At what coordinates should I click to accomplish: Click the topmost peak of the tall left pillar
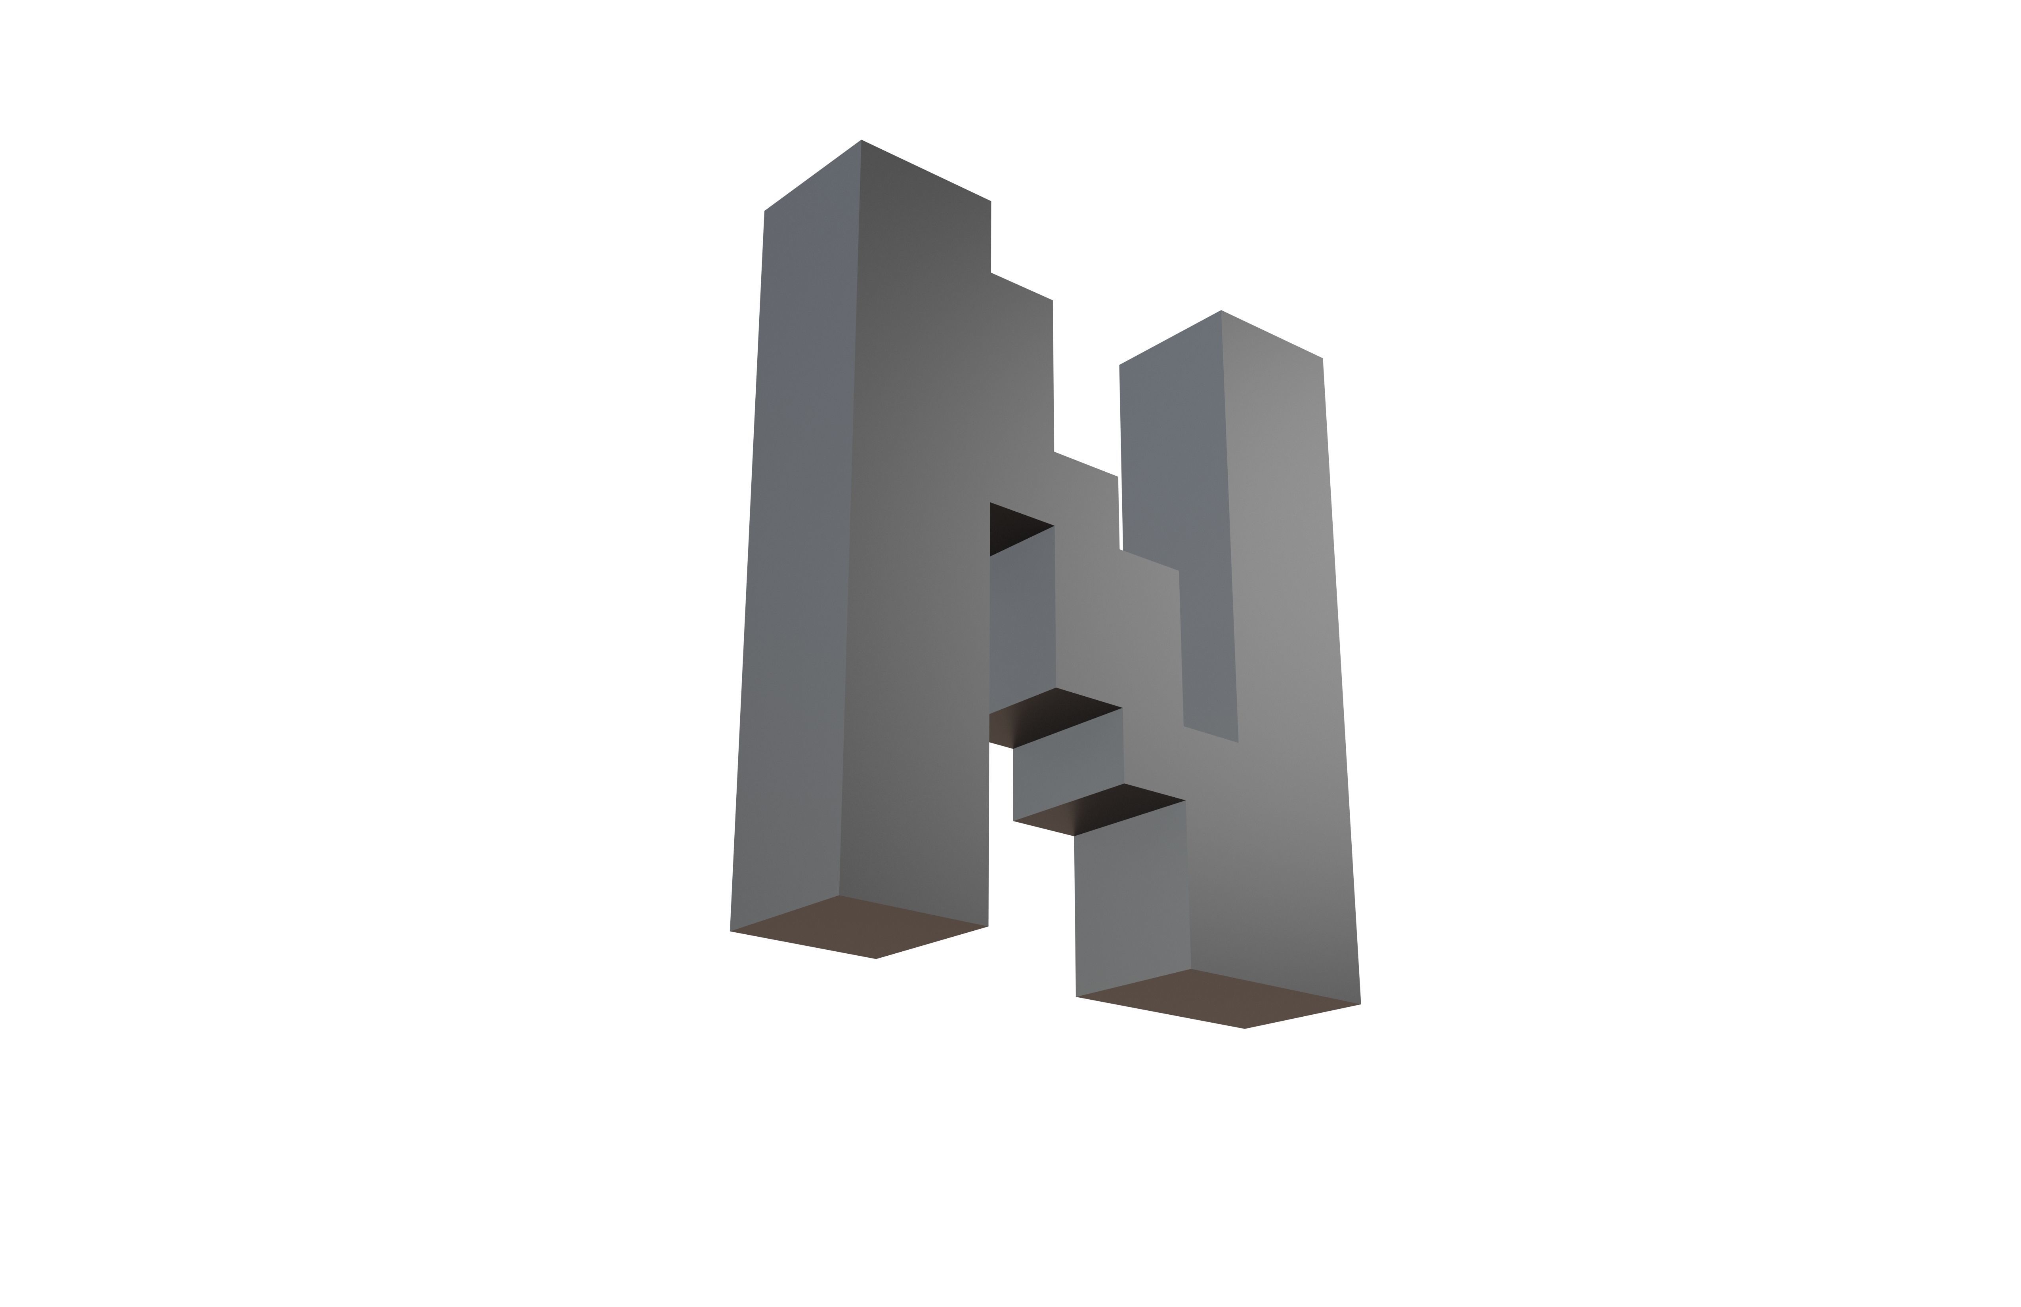(x=861, y=141)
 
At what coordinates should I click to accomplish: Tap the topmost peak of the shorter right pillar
(x=1221, y=311)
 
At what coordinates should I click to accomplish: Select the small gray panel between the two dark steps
(x=1068, y=768)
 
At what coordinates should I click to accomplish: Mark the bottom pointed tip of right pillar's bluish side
(x=1237, y=742)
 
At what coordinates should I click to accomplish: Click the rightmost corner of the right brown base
(x=1360, y=1004)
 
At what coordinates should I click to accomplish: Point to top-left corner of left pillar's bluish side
(x=765, y=211)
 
